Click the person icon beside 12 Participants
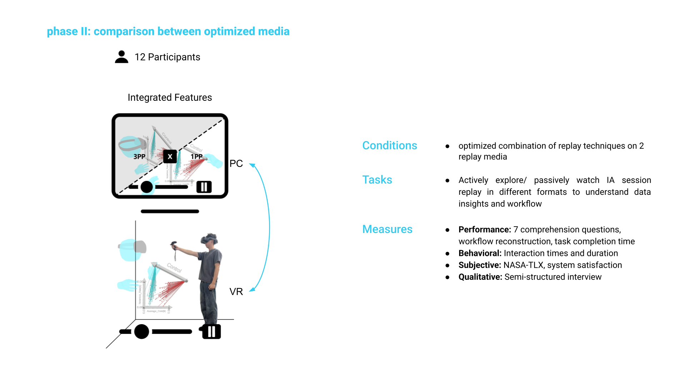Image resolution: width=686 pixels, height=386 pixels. pos(121,57)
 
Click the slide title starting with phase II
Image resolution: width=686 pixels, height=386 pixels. pos(168,31)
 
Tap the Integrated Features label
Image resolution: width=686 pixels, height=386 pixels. pos(170,98)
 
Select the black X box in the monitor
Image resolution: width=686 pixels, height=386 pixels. pos(170,157)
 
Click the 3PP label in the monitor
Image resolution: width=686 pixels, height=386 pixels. pos(139,157)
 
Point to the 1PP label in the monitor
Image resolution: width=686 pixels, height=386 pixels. pos(197,157)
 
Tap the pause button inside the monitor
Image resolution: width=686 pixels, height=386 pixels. pos(204,187)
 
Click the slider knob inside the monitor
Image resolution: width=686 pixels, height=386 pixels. pos(146,187)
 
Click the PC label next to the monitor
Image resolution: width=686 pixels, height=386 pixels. pos(236,164)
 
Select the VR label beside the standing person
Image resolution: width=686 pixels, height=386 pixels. pos(236,292)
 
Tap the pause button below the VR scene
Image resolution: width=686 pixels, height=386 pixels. pos(212,332)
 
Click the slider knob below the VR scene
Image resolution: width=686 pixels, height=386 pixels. pos(141,332)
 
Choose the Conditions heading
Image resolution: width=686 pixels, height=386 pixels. pos(389,145)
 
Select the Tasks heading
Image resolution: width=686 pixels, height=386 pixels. pos(377,180)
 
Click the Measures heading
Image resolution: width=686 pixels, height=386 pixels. pos(387,229)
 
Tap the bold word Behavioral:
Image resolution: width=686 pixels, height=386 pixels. pos(480,253)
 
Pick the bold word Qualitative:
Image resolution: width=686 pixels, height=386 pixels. pos(480,277)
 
